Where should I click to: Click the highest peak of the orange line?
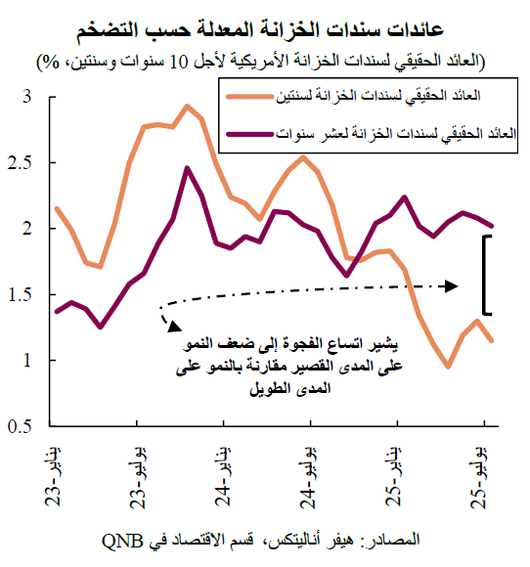click(x=187, y=106)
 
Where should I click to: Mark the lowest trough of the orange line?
click(x=448, y=367)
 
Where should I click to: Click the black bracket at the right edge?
click(x=486, y=275)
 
